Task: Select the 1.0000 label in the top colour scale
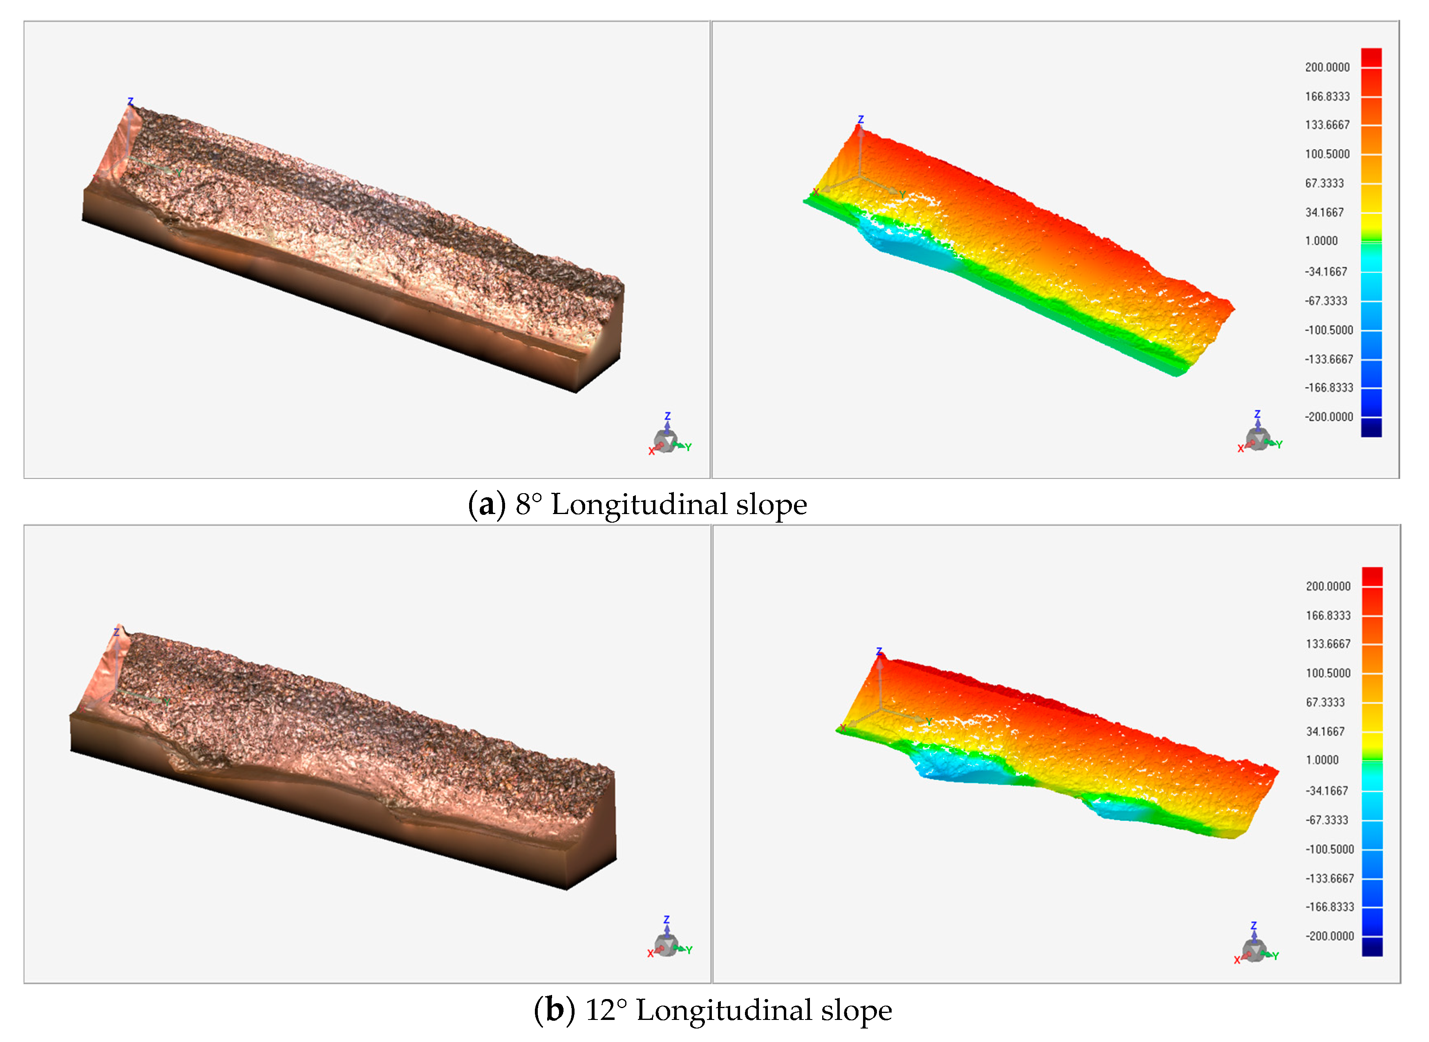pyautogui.click(x=1321, y=241)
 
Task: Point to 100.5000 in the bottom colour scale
pyautogui.click(x=1328, y=673)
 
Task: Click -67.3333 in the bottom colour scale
pyautogui.click(x=1326, y=820)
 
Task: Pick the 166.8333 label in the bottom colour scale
pyautogui.click(x=1328, y=615)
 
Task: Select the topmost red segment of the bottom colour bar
pyautogui.click(x=1372, y=577)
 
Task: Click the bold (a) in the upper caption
pyautogui.click(x=487, y=505)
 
